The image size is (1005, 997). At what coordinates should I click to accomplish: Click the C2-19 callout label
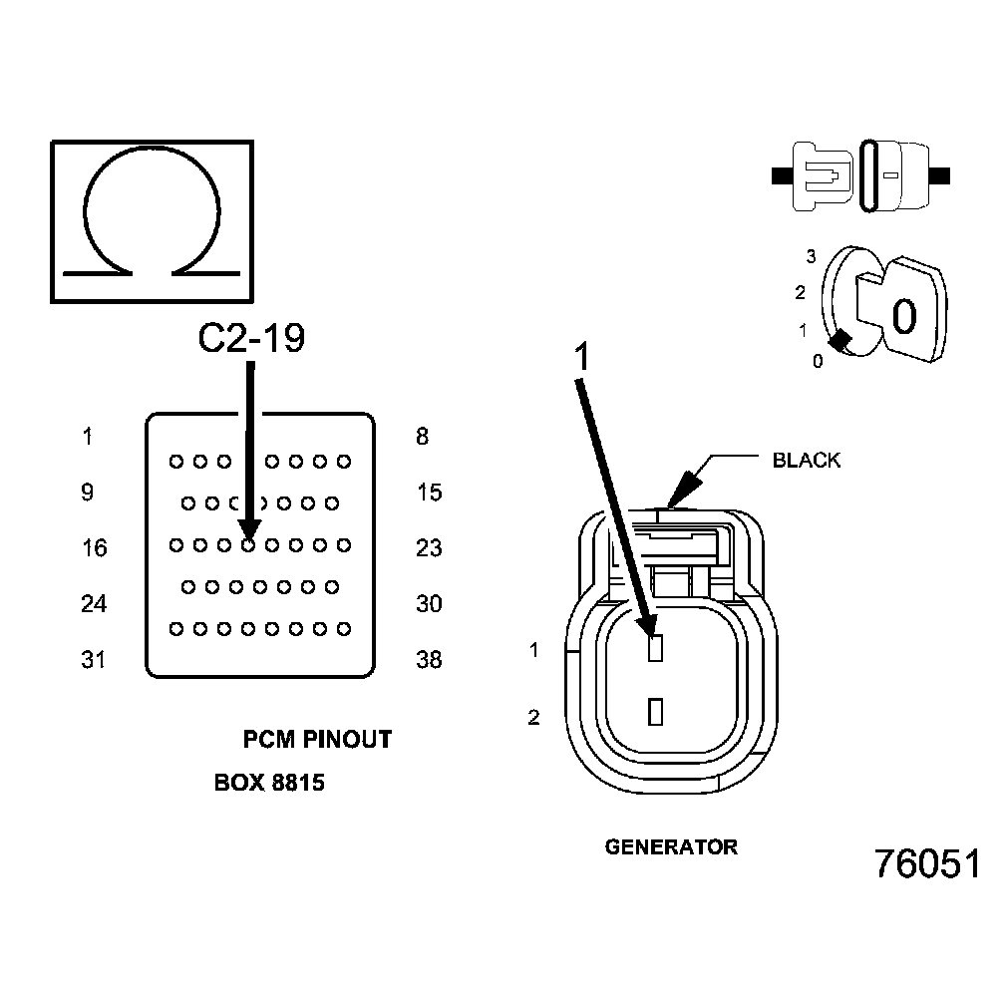click(251, 339)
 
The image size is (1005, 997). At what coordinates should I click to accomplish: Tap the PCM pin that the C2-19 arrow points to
click(248, 545)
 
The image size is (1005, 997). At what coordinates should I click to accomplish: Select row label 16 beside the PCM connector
click(94, 548)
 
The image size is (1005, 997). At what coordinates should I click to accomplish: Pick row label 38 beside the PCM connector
click(429, 660)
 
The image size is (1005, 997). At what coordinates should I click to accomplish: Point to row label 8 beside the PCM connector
click(423, 437)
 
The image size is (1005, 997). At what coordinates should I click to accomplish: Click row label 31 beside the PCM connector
click(93, 660)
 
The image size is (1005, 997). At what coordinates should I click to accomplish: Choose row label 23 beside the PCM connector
click(429, 548)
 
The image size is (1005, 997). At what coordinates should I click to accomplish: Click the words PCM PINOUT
click(317, 740)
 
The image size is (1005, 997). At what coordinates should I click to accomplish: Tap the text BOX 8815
click(269, 784)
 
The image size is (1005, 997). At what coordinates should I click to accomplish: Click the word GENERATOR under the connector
click(671, 848)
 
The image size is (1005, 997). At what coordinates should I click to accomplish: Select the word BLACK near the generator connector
click(807, 461)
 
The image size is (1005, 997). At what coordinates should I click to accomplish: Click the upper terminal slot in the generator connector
click(655, 649)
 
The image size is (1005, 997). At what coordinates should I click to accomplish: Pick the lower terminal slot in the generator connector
click(655, 712)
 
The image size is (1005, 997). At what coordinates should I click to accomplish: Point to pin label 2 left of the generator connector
click(534, 717)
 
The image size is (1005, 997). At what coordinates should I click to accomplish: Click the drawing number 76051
click(927, 864)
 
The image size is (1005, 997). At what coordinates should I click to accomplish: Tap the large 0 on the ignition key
click(904, 317)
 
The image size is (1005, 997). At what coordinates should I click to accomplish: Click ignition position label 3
click(812, 257)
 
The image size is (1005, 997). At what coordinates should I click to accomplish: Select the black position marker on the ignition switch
click(840, 341)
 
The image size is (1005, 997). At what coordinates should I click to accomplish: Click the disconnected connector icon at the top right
click(862, 175)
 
